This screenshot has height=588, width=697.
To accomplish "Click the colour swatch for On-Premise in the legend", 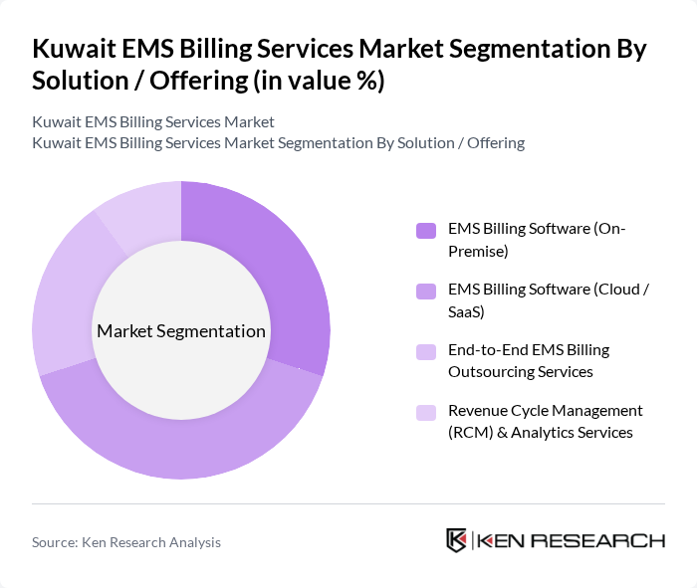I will pyautogui.click(x=426, y=231).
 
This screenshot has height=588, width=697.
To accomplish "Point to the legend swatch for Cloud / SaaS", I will pyautogui.click(x=426, y=292).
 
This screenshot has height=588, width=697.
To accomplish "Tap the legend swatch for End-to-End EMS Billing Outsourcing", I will pyautogui.click(x=426, y=352).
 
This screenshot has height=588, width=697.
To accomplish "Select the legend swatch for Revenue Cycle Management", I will pyautogui.click(x=426, y=413).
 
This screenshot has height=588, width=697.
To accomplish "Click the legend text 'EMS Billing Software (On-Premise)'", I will pyautogui.click(x=537, y=240).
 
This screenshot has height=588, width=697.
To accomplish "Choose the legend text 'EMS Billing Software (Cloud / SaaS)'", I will pyautogui.click(x=549, y=300).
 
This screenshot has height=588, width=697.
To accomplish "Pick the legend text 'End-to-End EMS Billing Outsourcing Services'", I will pyautogui.click(x=528, y=360).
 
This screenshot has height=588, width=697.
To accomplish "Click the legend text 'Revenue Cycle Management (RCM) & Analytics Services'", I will pyautogui.click(x=546, y=421).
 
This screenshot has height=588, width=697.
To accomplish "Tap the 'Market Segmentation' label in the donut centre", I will pyautogui.click(x=181, y=331).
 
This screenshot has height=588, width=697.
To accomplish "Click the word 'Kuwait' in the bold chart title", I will pyautogui.click(x=76, y=49).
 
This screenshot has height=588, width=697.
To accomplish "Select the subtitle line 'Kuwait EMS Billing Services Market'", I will pyautogui.click(x=153, y=122).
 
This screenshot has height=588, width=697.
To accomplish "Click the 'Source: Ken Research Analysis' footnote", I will pyautogui.click(x=126, y=542).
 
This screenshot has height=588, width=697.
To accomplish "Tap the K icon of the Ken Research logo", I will pyautogui.click(x=457, y=540).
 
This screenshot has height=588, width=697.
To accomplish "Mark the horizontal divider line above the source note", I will pyautogui.click(x=348, y=503).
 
